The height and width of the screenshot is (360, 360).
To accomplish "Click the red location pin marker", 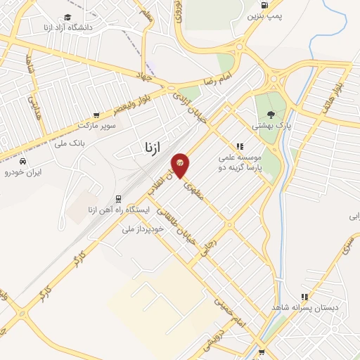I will pyautogui.click(x=181, y=165).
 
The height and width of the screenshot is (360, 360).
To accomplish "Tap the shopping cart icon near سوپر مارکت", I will pyautogui.click(x=96, y=114).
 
